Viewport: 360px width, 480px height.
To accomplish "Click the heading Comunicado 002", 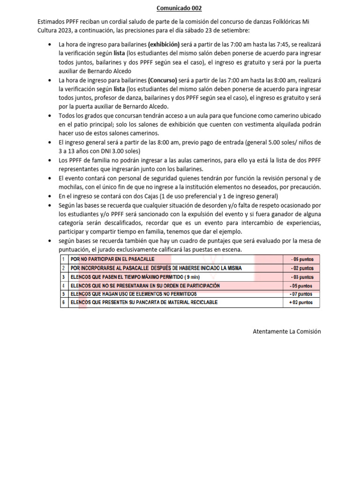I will coord(180,8).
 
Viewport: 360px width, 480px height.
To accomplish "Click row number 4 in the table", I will coord(63,285).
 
